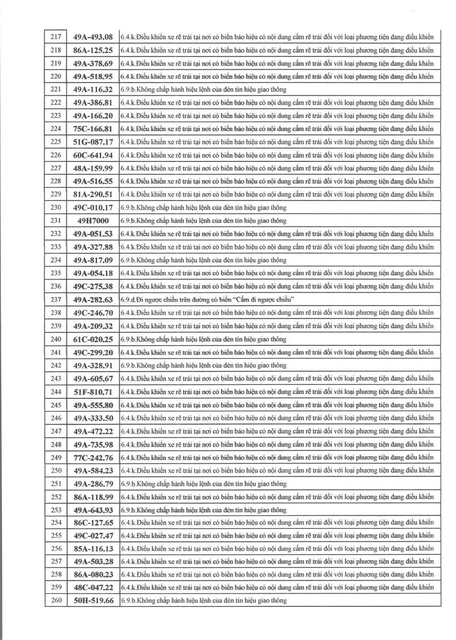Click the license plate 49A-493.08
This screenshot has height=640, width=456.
pos(93,37)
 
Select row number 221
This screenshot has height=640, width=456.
pos(56,89)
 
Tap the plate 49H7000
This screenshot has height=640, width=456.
pos(93,221)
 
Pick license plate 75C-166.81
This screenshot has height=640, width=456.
pos(93,129)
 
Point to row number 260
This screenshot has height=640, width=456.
pos(56,600)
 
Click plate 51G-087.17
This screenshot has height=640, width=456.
pos(93,142)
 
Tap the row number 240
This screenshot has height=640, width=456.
pos(56,339)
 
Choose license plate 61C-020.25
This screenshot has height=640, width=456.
pos(93,339)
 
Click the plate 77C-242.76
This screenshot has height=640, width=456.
pos(93,458)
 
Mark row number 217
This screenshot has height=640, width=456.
pos(56,37)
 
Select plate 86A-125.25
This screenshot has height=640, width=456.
pos(93,50)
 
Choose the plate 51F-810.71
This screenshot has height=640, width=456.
pos(93,392)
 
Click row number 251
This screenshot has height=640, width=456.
pos(56,483)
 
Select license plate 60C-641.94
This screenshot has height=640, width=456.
pos(93,155)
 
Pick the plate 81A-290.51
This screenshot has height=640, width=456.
pos(93,194)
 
